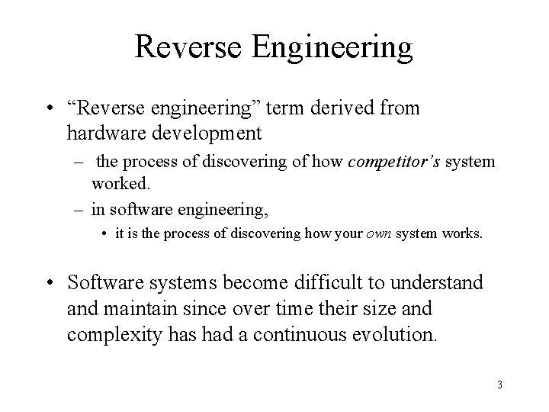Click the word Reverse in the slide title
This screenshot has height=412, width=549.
click(183, 47)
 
